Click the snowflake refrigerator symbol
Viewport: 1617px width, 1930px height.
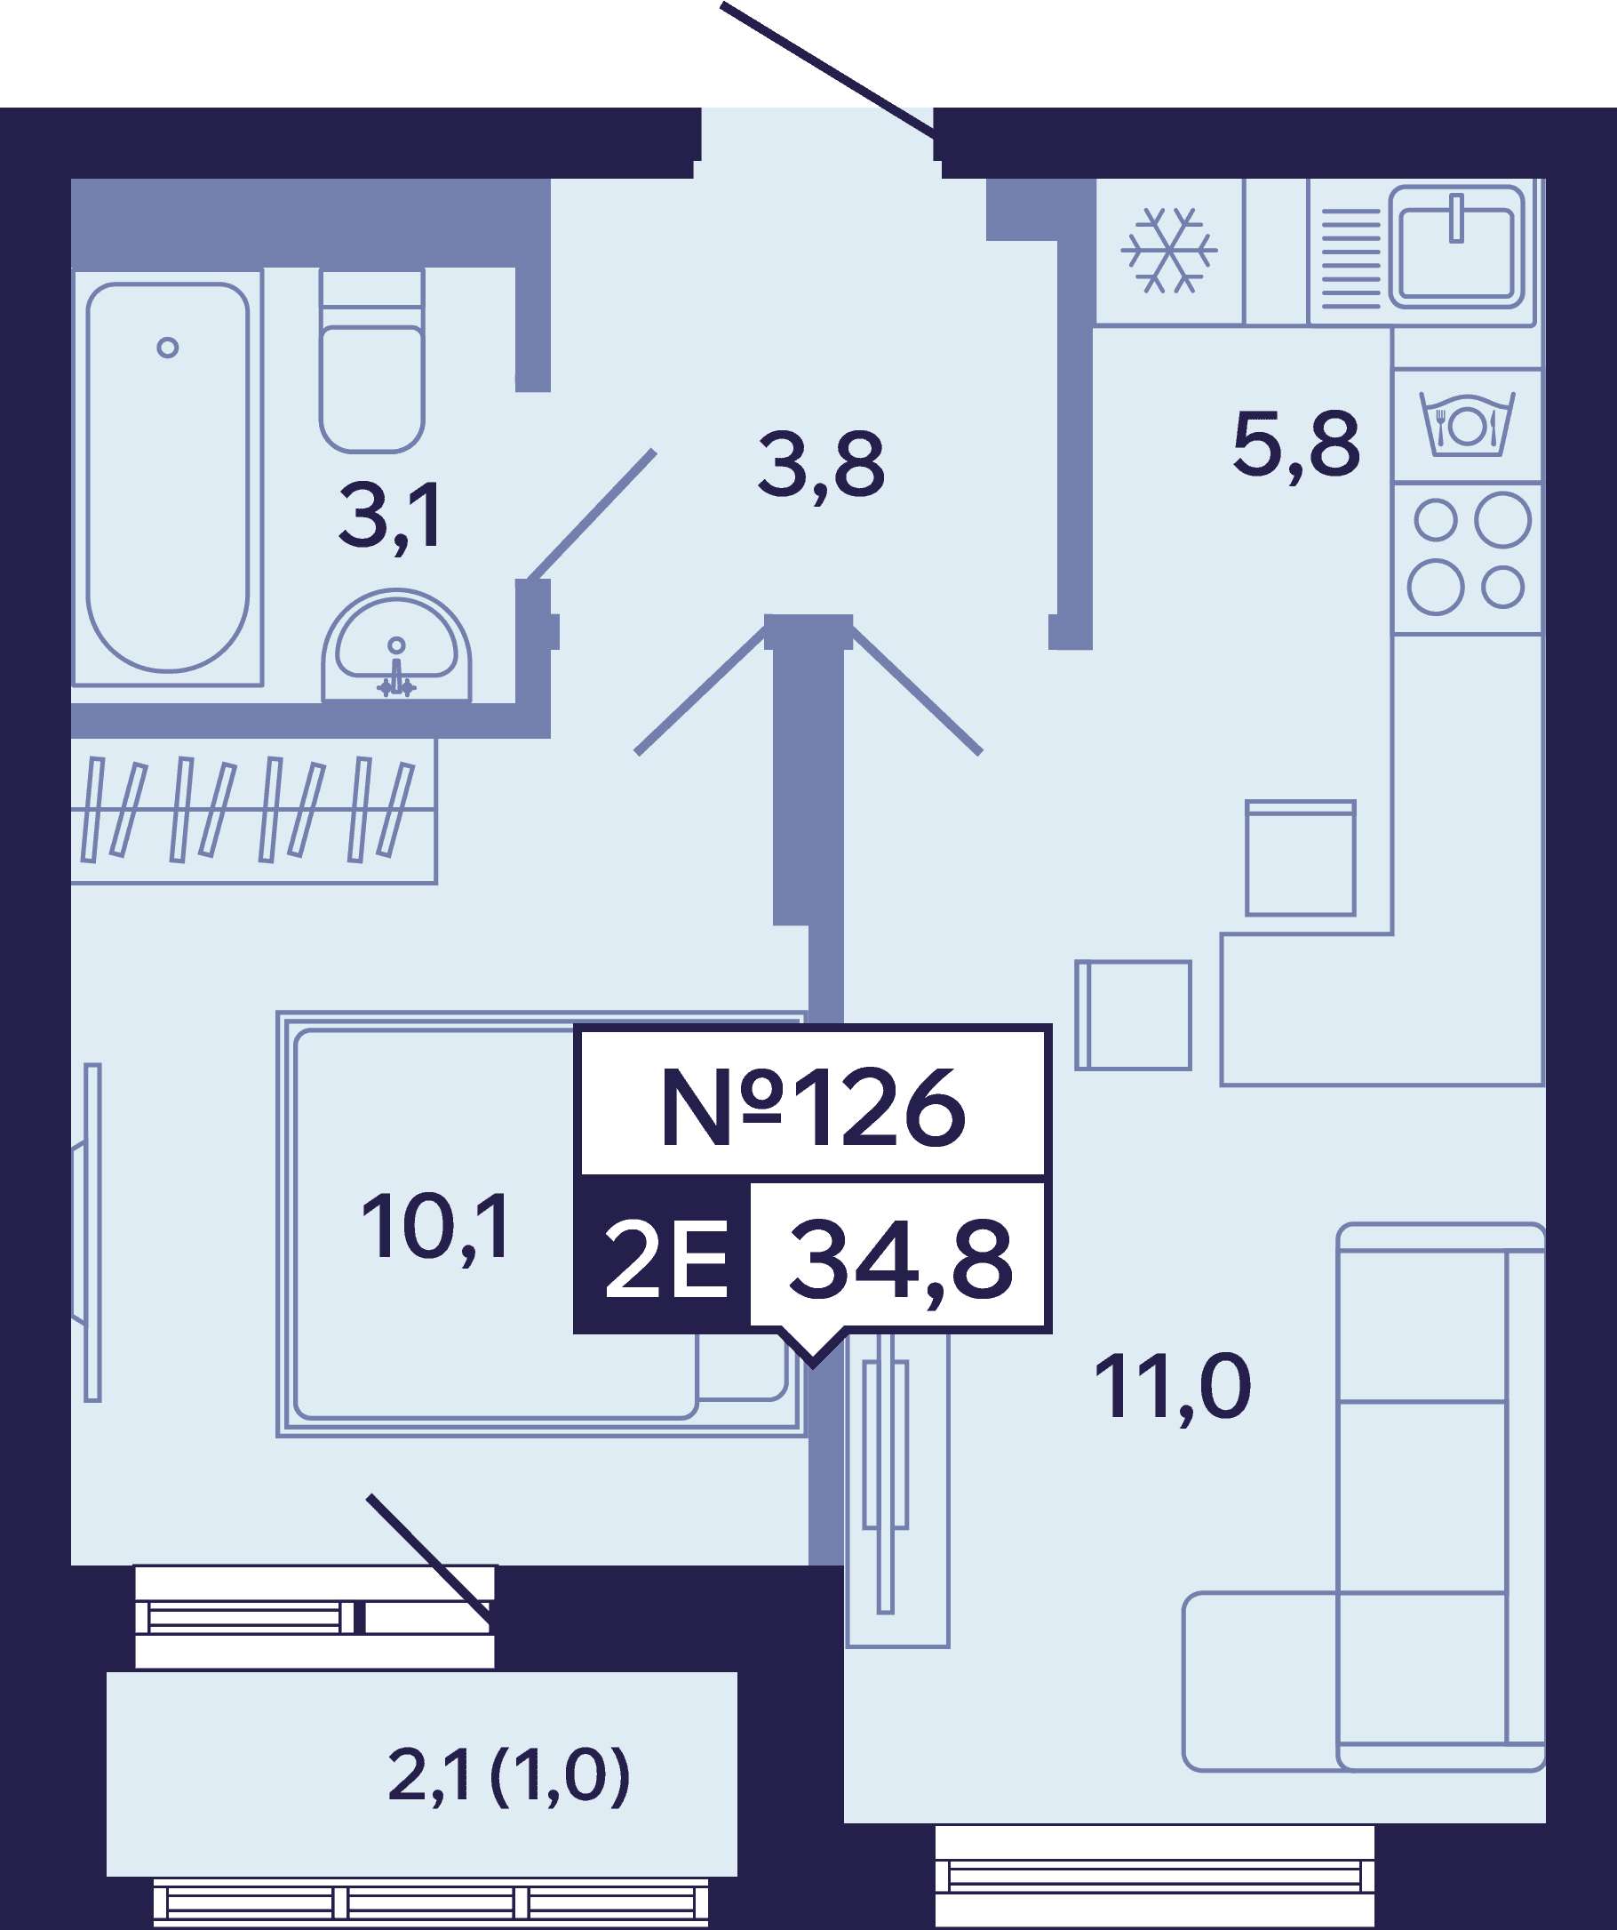1168,250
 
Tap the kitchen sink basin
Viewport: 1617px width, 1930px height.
1456,247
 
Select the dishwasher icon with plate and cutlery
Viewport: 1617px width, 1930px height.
1467,424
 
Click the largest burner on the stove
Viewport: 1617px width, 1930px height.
1502,519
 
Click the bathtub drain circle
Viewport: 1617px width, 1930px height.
167,348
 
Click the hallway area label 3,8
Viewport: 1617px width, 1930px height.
821,466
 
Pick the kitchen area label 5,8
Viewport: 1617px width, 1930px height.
1295,445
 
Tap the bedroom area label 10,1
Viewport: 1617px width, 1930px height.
435,1228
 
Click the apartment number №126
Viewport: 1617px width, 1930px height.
813,1109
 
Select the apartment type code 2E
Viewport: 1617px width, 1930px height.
665,1260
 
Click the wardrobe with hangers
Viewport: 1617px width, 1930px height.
253,811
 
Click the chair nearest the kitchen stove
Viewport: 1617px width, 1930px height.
1300,859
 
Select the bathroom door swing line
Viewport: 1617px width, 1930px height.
592,515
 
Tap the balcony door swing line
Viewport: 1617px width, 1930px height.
429,1559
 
